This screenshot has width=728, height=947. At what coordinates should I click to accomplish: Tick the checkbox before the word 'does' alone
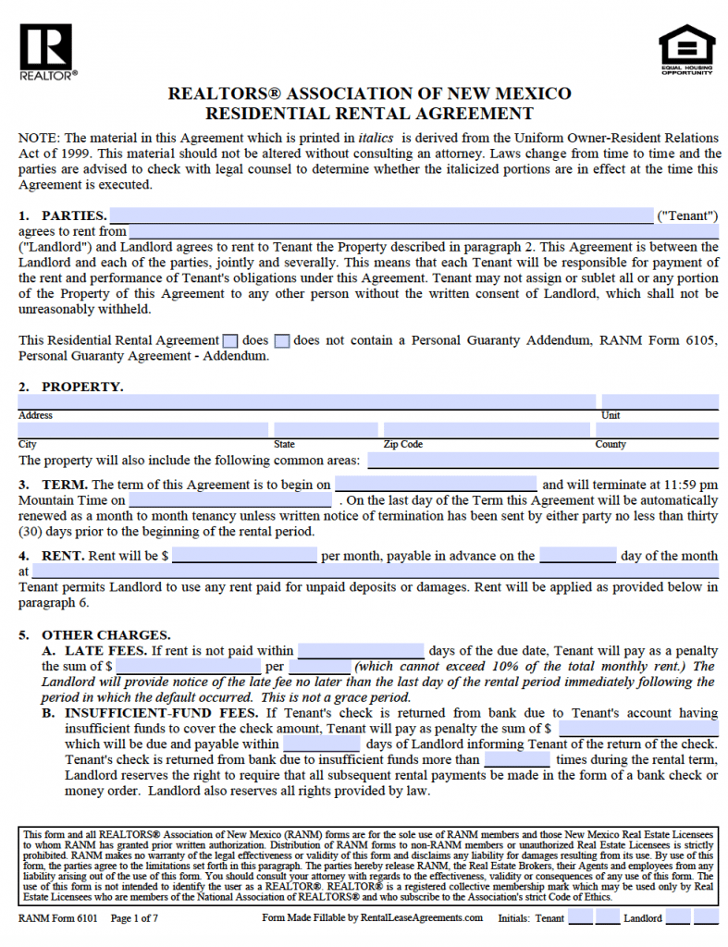click(x=230, y=340)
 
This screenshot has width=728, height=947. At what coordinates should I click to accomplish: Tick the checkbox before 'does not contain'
click(x=282, y=340)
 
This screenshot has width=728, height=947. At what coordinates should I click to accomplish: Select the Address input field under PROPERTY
click(x=306, y=402)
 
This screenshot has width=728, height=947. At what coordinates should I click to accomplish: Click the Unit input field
click(x=659, y=402)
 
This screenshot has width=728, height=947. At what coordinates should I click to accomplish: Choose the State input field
click(x=325, y=430)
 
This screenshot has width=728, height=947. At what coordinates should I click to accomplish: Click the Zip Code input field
click(x=486, y=430)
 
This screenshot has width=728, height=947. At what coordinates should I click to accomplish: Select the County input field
click(x=656, y=430)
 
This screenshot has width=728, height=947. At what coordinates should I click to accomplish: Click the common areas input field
click(x=542, y=460)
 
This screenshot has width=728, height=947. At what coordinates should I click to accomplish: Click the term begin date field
click(x=435, y=484)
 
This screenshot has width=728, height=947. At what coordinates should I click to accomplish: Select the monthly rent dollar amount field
click(x=244, y=556)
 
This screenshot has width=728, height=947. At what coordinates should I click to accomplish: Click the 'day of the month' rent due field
click(x=577, y=556)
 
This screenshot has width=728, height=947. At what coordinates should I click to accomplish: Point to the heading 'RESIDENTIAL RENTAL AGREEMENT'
click(x=369, y=114)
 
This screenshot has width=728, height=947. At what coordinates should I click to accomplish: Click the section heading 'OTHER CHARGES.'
click(x=105, y=635)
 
